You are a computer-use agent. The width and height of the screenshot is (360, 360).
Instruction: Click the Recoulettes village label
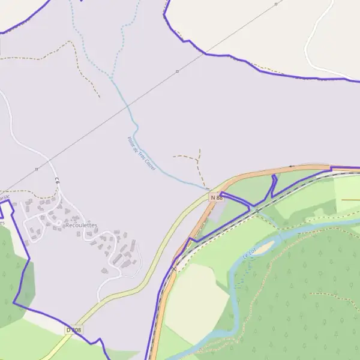pos(82,225)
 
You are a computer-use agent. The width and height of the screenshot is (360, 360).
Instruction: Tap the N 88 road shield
pos(216,197)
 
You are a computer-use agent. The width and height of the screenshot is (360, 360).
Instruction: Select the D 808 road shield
pos(73,330)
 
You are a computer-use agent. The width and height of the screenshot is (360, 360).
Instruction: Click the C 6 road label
pos(57,179)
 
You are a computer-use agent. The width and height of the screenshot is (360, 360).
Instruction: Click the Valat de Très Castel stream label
pos(141,154)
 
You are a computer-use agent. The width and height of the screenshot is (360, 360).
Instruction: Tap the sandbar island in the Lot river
pos(265,247)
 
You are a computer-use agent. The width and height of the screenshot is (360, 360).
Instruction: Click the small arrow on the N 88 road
pos(292,166)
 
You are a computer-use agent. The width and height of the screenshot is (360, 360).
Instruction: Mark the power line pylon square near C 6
pos(37,169)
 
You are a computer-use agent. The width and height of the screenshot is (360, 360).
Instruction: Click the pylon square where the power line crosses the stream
pos(177,71)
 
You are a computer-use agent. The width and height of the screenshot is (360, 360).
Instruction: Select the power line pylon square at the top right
pos(276,4)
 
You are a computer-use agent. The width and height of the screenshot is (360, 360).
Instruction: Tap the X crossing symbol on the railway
pos(174,269)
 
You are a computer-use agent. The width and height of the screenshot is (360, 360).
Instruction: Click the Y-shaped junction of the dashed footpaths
pos(197,160)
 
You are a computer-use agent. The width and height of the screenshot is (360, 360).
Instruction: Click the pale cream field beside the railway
pos(195,300)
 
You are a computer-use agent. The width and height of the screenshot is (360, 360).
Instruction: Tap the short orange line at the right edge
pos(350,199)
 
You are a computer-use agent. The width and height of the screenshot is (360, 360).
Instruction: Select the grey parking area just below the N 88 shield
pos(220,209)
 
